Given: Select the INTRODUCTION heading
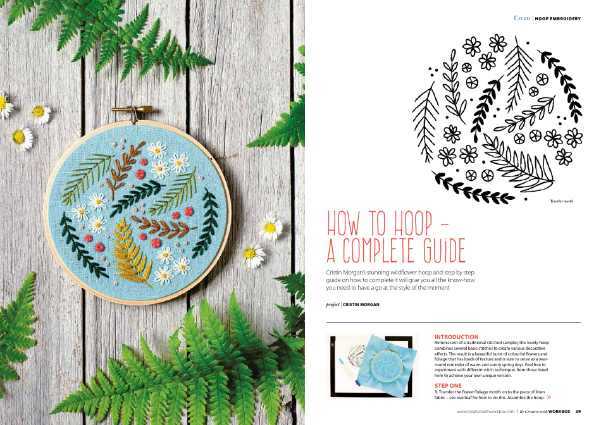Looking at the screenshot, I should point(456,337).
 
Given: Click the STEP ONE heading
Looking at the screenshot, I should point(448,385).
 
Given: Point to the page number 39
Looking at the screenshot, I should point(578,411).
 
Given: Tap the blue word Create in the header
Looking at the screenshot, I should point(522,18).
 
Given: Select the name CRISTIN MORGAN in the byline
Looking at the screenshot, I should point(361,304).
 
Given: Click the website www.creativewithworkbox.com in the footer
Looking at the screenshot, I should point(486,411).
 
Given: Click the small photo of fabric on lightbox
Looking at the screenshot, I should point(372,366).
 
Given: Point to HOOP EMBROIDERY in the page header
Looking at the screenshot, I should point(557,18).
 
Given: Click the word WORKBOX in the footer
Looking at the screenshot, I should point(559,411).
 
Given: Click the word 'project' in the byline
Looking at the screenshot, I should point(333,304).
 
